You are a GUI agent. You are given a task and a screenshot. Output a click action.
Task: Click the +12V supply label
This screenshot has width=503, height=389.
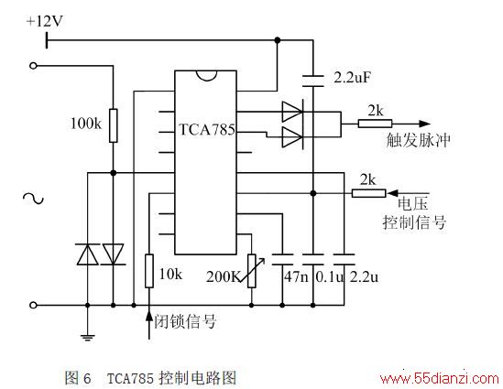click(x=44, y=21)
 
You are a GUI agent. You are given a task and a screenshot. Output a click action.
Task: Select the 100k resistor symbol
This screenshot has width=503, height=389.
click(x=114, y=125)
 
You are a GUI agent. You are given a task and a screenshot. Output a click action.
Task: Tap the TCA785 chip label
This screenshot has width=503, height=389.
click(x=206, y=130)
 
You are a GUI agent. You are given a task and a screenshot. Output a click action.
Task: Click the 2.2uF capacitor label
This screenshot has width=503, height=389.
click(x=352, y=77)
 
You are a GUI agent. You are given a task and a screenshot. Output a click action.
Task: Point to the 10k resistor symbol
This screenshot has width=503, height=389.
click(x=149, y=271)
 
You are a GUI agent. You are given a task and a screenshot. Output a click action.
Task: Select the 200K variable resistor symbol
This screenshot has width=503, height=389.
click(x=251, y=271)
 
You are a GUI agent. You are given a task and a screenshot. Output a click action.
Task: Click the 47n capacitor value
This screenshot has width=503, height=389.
click(x=296, y=276)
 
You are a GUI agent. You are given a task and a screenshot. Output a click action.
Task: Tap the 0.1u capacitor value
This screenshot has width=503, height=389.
click(x=330, y=276)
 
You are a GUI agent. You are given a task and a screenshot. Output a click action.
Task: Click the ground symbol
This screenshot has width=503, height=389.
click(x=88, y=337)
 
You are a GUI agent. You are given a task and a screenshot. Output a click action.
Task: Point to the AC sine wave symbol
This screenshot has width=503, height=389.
click(x=33, y=199)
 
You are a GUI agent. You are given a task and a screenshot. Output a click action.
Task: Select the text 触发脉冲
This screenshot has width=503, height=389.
click(x=418, y=140)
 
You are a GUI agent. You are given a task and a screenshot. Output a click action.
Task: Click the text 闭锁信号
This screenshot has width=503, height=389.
click(x=185, y=321)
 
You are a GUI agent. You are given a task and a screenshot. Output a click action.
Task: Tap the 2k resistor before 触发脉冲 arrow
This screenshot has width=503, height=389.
click(x=375, y=124)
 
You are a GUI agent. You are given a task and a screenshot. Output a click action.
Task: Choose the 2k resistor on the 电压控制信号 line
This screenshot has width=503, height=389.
click(x=368, y=193)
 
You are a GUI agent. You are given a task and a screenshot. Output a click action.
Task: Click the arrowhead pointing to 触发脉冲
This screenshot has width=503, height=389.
click(x=424, y=124)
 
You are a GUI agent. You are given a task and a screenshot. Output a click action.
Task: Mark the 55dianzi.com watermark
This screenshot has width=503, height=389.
click(x=439, y=379)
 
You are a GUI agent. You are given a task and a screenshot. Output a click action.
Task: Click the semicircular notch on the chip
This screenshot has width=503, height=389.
click(x=206, y=75)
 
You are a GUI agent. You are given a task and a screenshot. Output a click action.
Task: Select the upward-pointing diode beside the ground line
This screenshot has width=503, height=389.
click(x=88, y=254)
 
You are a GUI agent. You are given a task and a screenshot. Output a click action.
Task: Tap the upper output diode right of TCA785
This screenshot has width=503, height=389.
click(x=292, y=112)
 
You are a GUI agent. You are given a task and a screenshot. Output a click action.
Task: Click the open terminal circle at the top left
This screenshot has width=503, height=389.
click(x=33, y=66)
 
